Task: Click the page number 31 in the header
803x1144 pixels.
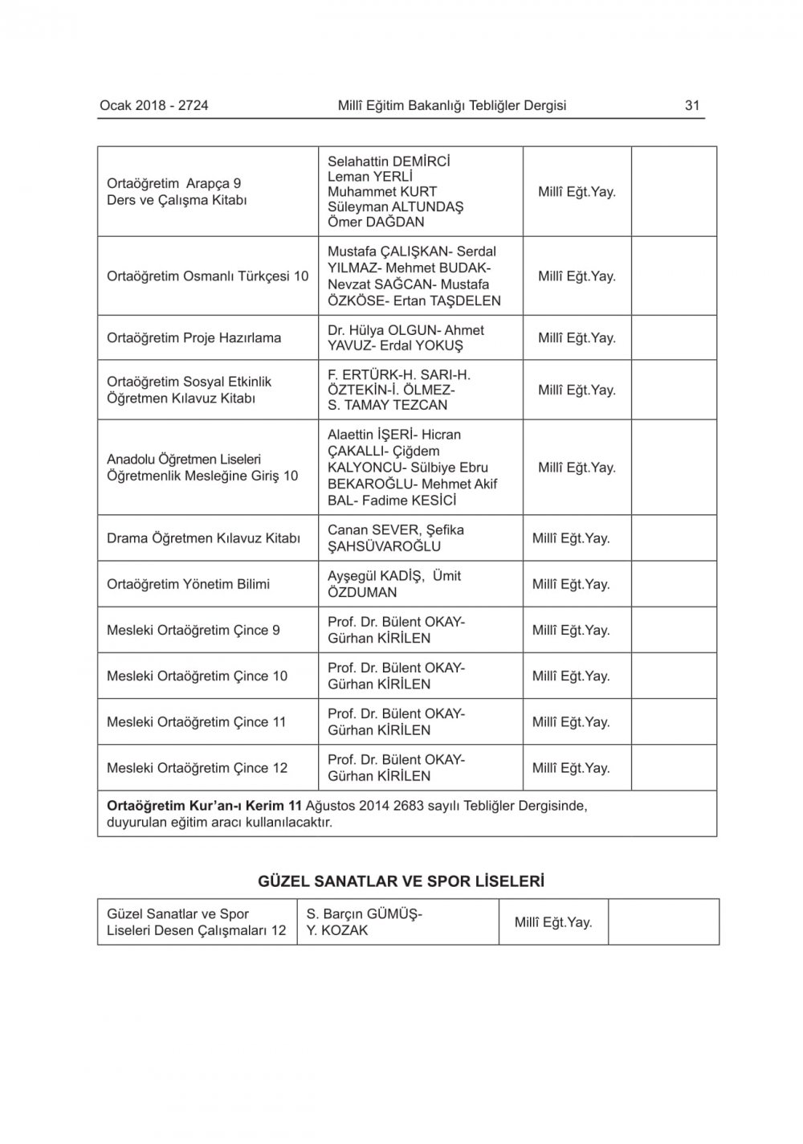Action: click(x=692, y=105)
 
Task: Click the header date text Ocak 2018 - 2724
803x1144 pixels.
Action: click(x=154, y=105)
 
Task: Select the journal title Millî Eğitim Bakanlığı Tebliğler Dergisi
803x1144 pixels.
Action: click(x=452, y=105)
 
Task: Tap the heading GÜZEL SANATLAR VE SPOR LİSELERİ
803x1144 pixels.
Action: click(x=401, y=881)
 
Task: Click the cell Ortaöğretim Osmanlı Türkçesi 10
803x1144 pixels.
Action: click(x=207, y=276)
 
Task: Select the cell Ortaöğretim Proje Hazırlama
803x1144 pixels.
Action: click(x=194, y=338)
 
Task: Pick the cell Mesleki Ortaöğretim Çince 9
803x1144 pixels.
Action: click(x=193, y=631)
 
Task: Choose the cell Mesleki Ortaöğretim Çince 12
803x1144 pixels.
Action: click(x=197, y=768)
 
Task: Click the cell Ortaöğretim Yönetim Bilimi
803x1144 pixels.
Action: click(x=188, y=585)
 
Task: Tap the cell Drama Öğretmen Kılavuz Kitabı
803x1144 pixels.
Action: click(x=203, y=538)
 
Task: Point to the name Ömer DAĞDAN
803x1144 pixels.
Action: click(x=376, y=223)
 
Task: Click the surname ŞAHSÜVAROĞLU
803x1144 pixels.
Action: click(x=384, y=547)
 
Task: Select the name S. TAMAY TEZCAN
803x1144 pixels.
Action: click(x=387, y=406)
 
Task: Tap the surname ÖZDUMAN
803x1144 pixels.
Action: click(x=362, y=593)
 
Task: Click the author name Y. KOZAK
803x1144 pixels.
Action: click(x=337, y=931)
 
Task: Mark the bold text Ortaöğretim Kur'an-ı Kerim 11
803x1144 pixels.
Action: click(x=204, y=807)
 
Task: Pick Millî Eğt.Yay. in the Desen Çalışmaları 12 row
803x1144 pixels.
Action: click(x=553, y=922)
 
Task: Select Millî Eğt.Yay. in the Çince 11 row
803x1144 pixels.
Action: click(x=571, y=722)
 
